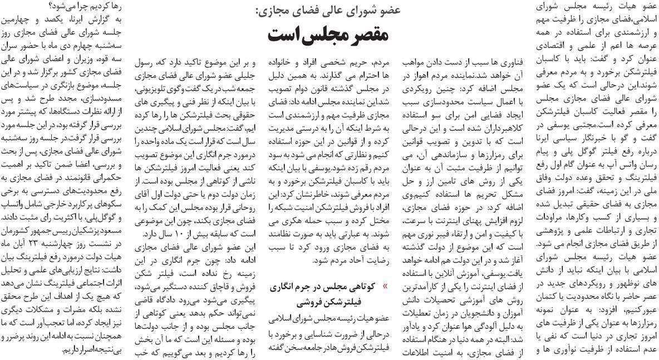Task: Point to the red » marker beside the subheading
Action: pyautogui.click(x=386, y=287)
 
